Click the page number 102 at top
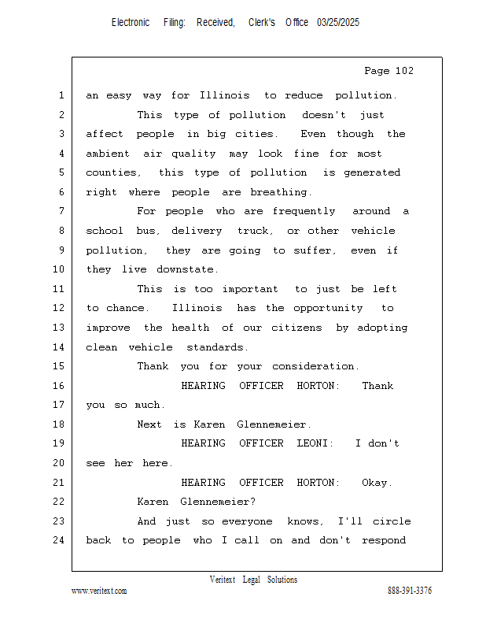404,71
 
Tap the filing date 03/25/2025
338,23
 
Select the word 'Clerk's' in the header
262,23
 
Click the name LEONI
315,443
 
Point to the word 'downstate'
187,269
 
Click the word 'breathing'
281,192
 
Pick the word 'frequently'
304,211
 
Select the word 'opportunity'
328,308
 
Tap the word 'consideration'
315,366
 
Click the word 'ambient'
108,154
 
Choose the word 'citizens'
296,328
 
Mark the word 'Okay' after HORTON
377,482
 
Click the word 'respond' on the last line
384,540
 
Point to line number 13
59,328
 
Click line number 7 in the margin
61,211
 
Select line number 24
59,540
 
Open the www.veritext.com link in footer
99,591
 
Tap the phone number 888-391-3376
410,591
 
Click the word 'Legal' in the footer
251,580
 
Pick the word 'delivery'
197,231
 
